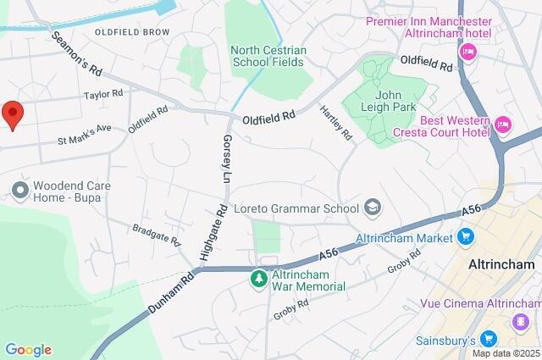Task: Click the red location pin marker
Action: tap(12, 114)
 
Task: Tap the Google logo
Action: tap(28, 350)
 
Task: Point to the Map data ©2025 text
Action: tap(506, 353)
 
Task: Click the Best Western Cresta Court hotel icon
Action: tap(503, 125)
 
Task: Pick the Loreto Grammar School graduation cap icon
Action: tap(372, 206)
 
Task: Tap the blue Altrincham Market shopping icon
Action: tap(465, 236)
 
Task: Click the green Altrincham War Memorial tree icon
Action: tap(259, 277)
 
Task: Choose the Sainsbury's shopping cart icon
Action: tap(488, 339)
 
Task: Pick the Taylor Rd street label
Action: tap(103, 96)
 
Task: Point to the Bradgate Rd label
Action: tap(157, 235)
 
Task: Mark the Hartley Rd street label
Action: tap(336, 124)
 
